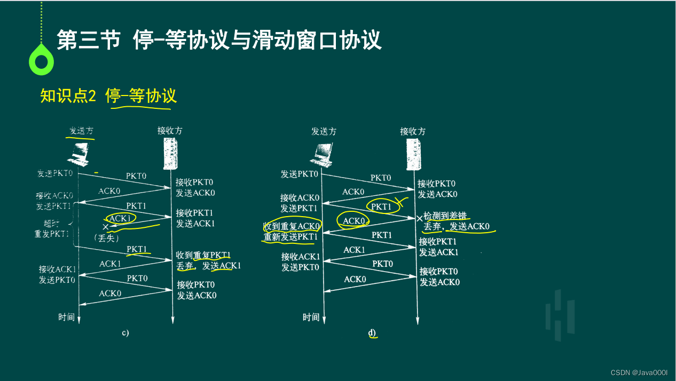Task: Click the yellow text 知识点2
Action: pyautogui.click(x=68, y=96)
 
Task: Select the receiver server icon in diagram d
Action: pyautogui.click(x=412, y=155)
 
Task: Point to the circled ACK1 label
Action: pyautogui.click(x=120, y=218)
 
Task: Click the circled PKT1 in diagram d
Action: pyautogui.click(x=382, y=206)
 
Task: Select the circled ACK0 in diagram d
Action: pyautogui.click(x=353, y=220)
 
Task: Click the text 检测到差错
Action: pyautogui.click(x=445, y=216)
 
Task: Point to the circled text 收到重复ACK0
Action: pyautogui.click(x=292, y=226)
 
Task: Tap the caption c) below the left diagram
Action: pyautogui.click(x=125, y=333)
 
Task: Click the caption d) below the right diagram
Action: pyautogui.click(x=372, y=333)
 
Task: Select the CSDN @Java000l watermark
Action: pyautogui.click(x=639, y=372)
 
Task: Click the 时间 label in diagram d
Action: pyautogui.click(x=311, y=317)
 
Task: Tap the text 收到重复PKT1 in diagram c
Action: pyautogui.click(x=203, y=255)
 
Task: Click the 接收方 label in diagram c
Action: pyautogui.click(x=170, y=130)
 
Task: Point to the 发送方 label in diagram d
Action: pyautogui.click(x=324, y=131)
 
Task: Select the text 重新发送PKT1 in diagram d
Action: pyautogui.click(x=290, y=237)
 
